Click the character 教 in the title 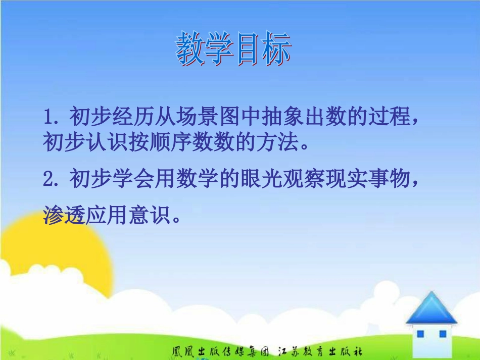190,49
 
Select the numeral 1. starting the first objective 53,118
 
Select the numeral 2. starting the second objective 53,179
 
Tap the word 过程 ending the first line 393,118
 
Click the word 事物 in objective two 393,179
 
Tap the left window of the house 420,334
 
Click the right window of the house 442,334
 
